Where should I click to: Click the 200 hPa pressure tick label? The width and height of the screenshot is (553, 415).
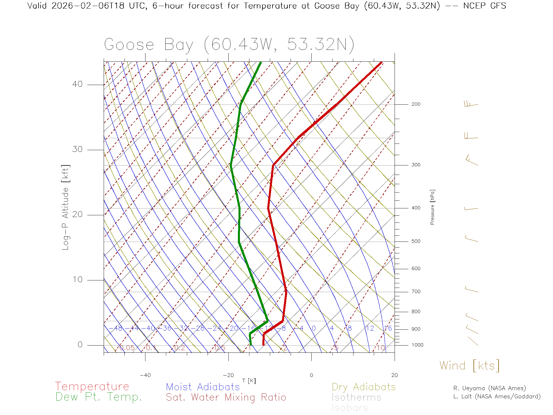point(416,104)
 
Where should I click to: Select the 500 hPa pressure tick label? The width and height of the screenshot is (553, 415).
point(416,241)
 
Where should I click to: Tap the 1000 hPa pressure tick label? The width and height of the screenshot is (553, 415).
point(417,345)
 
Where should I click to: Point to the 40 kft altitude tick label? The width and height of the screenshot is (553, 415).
point(77,84)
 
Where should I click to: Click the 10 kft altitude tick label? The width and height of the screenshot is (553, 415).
point(77,280)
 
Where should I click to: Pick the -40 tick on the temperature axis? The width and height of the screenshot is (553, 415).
point(145,375)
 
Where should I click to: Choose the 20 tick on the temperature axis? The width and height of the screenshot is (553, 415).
point(394,375)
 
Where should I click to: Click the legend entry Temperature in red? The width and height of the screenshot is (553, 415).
point(92,386)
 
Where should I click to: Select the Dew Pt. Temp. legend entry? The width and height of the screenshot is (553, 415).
point(99,397)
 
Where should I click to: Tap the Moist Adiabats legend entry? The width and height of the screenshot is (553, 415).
point(203,387)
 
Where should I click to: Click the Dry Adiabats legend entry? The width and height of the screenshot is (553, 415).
point(363,387)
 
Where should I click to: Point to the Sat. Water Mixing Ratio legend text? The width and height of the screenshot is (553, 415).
point(226,397)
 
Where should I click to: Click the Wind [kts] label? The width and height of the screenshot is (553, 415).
point(469,365)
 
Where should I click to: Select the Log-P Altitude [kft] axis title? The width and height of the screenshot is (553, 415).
point(66,207)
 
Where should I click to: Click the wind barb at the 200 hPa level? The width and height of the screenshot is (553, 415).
point(471,104)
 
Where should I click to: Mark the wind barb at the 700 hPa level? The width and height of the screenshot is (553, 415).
point(471,290)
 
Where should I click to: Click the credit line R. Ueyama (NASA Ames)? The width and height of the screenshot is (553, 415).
point(489,388)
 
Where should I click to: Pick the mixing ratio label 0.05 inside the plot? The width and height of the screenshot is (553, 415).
point(127,348)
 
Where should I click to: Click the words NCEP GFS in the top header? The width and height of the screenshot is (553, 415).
point(484,6)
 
